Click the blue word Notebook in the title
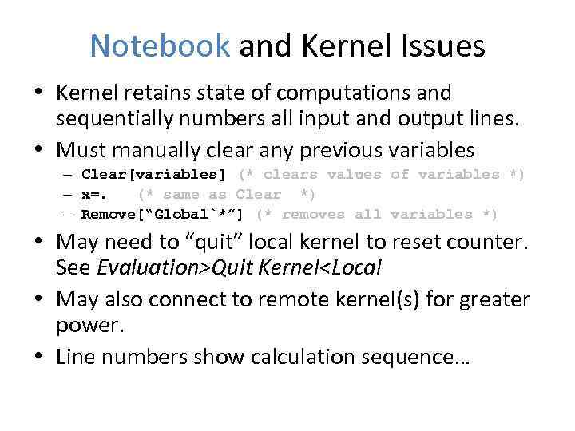(x=160, y=45)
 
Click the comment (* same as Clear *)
(x=227, y=194)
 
